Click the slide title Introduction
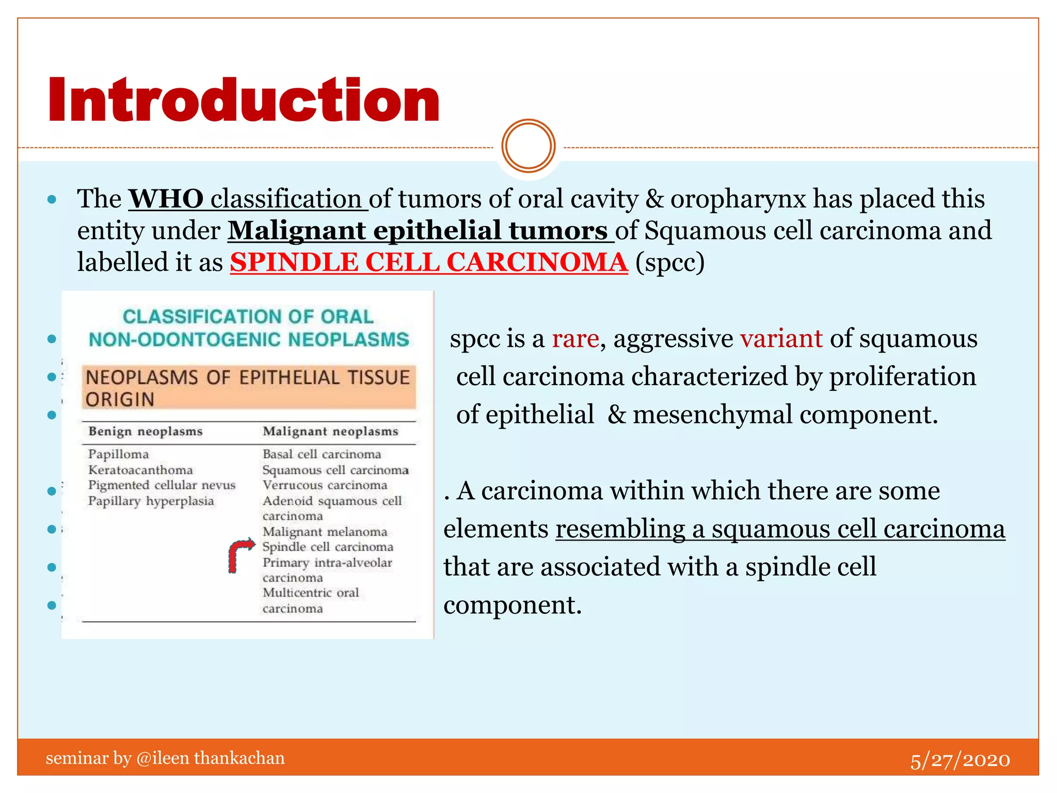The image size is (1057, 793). (x=244, y=100)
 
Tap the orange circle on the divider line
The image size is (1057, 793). (x=528, y=146)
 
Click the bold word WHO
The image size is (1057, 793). (x=166, y=199)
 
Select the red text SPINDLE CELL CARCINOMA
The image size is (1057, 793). (x=428, y=262)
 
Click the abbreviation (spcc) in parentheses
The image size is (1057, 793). (x=669, y=262)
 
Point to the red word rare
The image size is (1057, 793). (x=575, y=339)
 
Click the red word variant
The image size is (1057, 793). (x=781, y=339)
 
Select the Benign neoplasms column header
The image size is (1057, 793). (x=146, y=432)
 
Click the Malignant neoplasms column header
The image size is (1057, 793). (x=330, y=432)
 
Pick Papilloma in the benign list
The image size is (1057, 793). (x=118, y=454)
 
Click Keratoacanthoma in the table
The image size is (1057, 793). (x=140, y=470)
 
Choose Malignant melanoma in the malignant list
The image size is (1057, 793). (x=325, y=532)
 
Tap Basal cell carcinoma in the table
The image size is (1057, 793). (x=322, y=454)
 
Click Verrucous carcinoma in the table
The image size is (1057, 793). (x=325, y=485)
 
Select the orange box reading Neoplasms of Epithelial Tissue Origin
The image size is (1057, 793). (x=248, y=388)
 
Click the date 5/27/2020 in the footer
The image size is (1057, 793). (x=959, y=760)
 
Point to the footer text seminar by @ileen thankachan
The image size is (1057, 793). (x=165, y=758)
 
